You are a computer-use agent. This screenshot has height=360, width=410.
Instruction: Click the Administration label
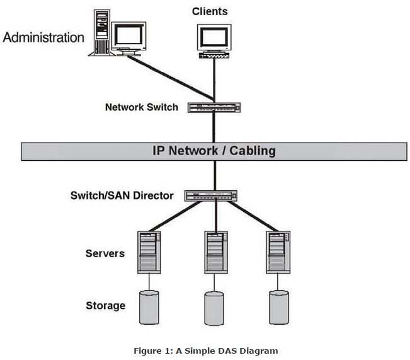click(x=43, y=37)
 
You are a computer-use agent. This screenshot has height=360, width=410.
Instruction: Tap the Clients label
click(x=210, y=11)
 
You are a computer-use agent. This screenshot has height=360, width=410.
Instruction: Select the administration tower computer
click(x=101, y=33)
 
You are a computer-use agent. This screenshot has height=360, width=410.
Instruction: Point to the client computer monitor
click(x=214, y=38)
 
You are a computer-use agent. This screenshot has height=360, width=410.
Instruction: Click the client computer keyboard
click(x=214, y=55)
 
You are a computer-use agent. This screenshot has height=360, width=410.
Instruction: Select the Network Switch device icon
click(x=214, y=107)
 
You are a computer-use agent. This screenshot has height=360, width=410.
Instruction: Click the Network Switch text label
click(x=142, y=107)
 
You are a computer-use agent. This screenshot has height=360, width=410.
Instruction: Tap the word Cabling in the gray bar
click(x=253, y=151)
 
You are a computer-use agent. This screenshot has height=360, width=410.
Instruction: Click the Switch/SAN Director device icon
click(x=211, y=196)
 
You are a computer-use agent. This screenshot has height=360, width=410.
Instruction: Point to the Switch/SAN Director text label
click(x=122, y=195)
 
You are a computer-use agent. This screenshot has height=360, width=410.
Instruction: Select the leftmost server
click(x=149, y=252)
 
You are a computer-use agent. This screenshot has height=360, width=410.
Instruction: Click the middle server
click(x=216, y=252)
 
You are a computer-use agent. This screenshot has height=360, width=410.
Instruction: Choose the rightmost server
click(x=278, y=252)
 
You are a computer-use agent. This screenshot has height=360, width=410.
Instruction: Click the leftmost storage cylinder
click(x=149, y=308)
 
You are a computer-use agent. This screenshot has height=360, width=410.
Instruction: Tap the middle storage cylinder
click(x=214, y=308)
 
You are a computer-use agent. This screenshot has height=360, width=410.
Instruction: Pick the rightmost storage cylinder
click(x=279, y=308)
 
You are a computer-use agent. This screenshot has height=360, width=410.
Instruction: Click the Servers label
click(x=105, y=253)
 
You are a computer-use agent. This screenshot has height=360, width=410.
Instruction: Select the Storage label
click(x=106, y=306)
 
